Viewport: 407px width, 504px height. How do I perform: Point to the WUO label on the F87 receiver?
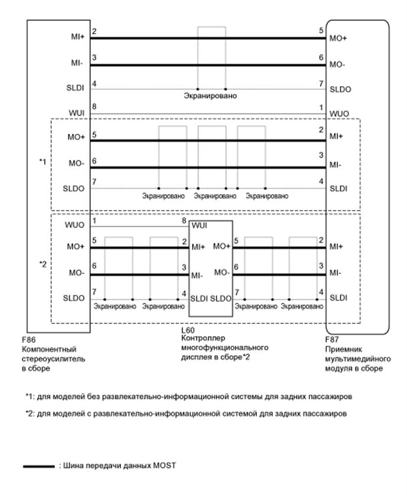click(x=337, y=112)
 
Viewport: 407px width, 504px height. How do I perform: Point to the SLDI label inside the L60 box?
click(x=198, y=299)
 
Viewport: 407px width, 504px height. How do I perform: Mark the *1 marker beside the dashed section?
click(x=42, y=161)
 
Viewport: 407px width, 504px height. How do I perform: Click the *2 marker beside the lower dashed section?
click(x=42, y=264)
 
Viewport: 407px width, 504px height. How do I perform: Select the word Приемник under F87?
click(x=341, y=349)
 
